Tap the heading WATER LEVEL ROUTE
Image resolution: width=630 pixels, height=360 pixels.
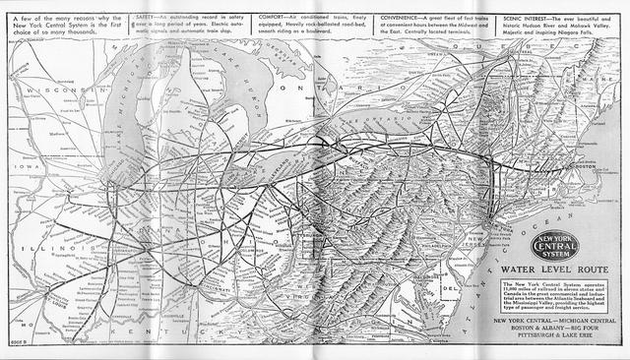click(544, 268)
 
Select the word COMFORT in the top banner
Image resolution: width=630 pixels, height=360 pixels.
click(270, 18)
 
